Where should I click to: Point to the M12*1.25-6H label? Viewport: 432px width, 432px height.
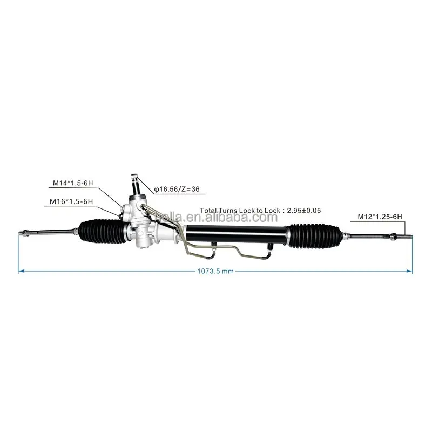380,217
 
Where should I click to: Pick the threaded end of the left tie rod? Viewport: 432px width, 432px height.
24,233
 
